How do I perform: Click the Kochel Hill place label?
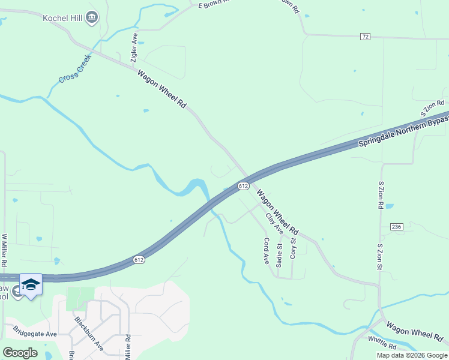62,17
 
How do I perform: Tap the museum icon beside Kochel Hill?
91,17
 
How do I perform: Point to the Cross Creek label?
74,69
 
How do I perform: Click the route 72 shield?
366,37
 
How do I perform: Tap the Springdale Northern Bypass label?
403,128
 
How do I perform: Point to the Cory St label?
293,249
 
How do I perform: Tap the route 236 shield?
396,226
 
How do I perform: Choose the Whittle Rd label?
382,346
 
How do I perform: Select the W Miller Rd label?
4,250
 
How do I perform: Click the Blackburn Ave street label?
89,333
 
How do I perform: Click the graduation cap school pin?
31,284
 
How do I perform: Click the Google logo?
20,353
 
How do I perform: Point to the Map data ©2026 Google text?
412,355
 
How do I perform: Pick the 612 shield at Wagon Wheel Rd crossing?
243,187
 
